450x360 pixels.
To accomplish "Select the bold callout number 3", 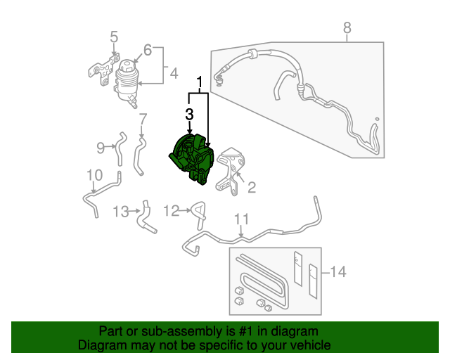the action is [190, 113].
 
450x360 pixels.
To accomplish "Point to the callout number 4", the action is [174, 72].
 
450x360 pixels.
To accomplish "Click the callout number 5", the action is [114, 37].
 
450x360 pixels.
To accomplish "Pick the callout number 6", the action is [148, 50].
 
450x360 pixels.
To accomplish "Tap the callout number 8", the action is [347, 28].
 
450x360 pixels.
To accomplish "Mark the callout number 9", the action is [101, 147].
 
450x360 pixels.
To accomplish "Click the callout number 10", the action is [94, 175].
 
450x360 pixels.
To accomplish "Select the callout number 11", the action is [242, 218].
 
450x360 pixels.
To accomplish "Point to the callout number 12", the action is [172, 210].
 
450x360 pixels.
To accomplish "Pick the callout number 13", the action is [121, 211].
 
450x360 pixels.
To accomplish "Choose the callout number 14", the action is [338, 271].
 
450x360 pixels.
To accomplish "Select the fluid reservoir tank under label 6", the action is [127, 82].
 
